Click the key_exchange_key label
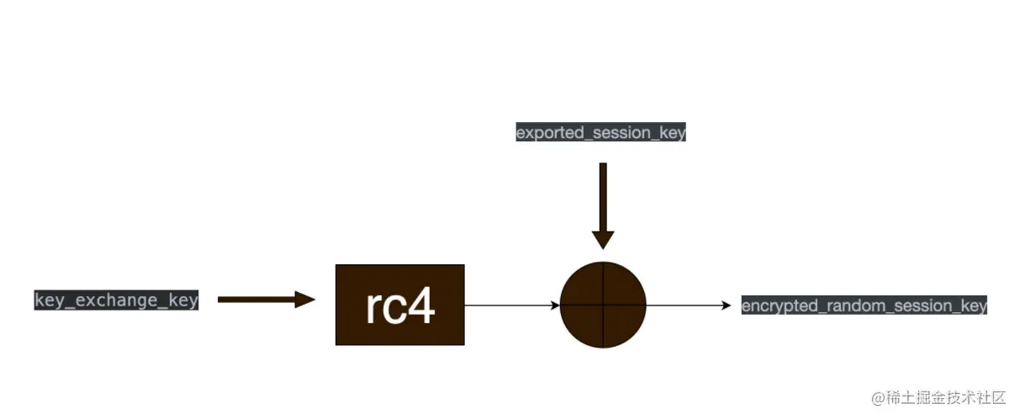(116, 300)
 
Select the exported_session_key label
(600, 132)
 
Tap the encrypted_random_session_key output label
(864, 306)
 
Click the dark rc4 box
(399, 305)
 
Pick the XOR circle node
(603, 305)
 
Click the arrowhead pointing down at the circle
(603, 239)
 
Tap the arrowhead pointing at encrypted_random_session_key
(727, 305)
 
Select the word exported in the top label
(542, 132)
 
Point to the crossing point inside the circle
(603, 305)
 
